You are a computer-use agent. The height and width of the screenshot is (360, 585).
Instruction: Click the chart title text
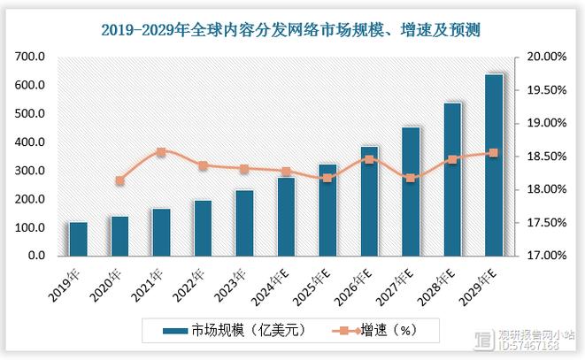click(x=292, y=30)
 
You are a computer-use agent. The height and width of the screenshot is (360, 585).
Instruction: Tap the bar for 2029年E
click(x=494, y=165)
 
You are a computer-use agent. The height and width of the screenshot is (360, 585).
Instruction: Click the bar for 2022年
click(x=203, y=227)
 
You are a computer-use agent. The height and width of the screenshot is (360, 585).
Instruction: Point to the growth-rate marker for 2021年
click(x=161, y=152)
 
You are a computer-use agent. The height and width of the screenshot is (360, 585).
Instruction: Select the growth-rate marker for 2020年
click(x=119, y=180)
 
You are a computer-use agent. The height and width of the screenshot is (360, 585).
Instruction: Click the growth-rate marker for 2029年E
click(x=494, y=153)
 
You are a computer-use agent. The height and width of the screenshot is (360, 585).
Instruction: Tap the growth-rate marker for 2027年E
click(x=411, y=178)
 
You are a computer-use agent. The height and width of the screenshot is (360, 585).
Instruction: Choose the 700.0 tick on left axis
click(x=30, y=57)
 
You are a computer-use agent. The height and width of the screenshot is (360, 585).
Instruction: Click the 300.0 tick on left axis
click(x=30, y=171)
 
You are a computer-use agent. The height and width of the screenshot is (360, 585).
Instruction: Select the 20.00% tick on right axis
click(x=546, y=57)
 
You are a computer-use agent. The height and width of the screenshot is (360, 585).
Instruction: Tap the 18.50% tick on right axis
click(x=546, y=157)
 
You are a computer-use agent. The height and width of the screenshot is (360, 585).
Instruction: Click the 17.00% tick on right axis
click(x=546, y=257)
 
